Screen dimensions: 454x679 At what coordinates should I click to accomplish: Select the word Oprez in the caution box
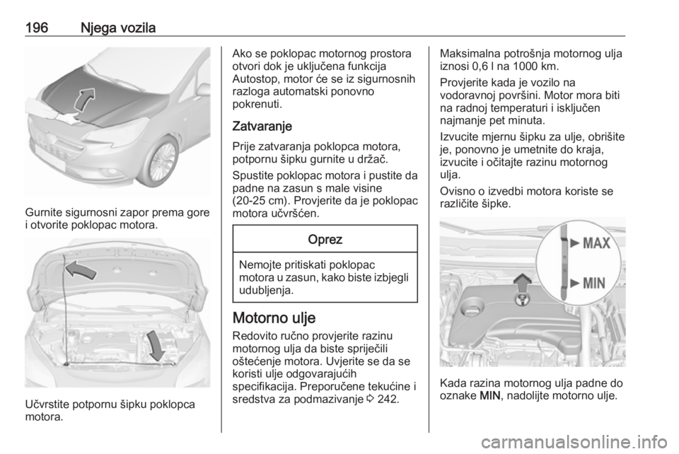point(325,240)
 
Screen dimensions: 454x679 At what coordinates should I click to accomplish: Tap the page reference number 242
point(388,400)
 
